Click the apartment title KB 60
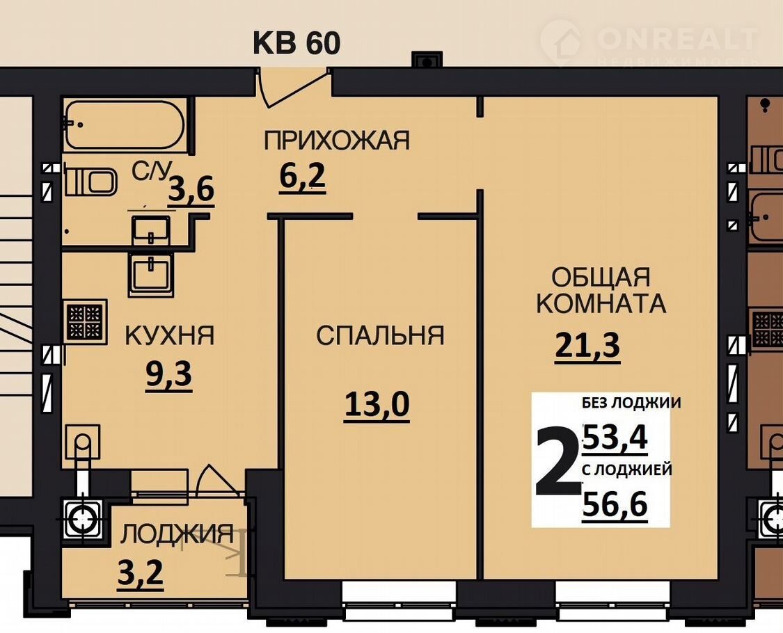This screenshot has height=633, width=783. (x=296, y=43)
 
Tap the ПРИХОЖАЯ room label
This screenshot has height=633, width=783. (x=337, y=141)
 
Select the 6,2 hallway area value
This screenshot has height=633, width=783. (x=302, y=177)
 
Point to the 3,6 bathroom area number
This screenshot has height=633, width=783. (x=191, y=190)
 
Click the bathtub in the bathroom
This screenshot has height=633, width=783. (x=125, y=125)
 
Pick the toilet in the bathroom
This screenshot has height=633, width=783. (x=90, y=182)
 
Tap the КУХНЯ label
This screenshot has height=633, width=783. (x=169, y=335)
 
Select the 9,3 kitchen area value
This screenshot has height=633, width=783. (x=169, y=374)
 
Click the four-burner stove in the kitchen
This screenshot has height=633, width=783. (x=85, y=321)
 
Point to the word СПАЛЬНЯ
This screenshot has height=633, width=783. (x=380, y=335)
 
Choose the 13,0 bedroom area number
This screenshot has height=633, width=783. (x=377, y=405)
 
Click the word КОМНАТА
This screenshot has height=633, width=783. (x=601, y=303)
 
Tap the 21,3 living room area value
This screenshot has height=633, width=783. (x=587, y=346)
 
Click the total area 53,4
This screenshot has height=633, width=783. (x=615, y=438)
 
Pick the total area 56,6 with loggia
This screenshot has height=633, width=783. (x=615, y=504)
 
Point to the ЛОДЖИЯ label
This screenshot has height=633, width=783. (x=177, y=534)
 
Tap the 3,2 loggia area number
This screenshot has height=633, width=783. (x=141, y=573)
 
